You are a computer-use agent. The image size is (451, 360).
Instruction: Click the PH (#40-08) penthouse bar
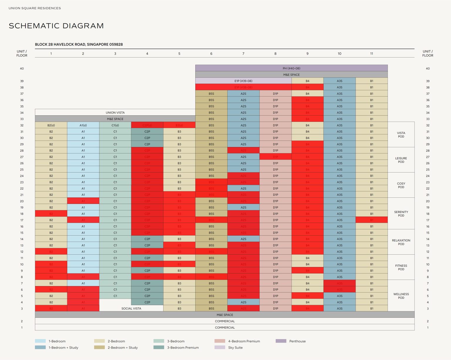(291, 68)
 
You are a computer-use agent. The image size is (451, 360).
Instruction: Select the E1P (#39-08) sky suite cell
(243, 81)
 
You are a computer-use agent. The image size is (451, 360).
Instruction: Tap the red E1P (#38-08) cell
(243, 87)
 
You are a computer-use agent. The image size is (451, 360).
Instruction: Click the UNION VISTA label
(115, 113)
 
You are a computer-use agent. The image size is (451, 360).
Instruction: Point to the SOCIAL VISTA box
(131, 308)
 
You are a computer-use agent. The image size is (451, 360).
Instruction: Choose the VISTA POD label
(401, 135)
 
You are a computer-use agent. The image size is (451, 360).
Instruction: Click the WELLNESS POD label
(401, 296)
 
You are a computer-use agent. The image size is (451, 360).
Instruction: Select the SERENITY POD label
(401, 214)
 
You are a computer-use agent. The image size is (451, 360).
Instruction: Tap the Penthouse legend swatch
(281, 341)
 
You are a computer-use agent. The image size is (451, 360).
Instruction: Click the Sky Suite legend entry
(235, 348)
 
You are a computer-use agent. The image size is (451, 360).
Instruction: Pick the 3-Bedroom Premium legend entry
(183, 348)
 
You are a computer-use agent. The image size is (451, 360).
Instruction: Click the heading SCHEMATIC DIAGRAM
(56, 26)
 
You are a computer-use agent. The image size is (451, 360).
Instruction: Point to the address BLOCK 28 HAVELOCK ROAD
(79, 44)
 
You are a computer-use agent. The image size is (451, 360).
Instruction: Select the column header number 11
(371, 54)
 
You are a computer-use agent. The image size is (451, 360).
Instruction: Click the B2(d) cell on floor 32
(51, 125)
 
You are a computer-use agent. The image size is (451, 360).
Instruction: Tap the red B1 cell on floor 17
(371, 220)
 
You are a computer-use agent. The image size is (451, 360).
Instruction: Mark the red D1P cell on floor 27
(275, 157)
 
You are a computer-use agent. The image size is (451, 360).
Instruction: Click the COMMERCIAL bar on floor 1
(225, 327)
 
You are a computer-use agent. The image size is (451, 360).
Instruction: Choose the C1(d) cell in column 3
(115, 125)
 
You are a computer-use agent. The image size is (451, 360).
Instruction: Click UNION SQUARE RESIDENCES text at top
(35, 8)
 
